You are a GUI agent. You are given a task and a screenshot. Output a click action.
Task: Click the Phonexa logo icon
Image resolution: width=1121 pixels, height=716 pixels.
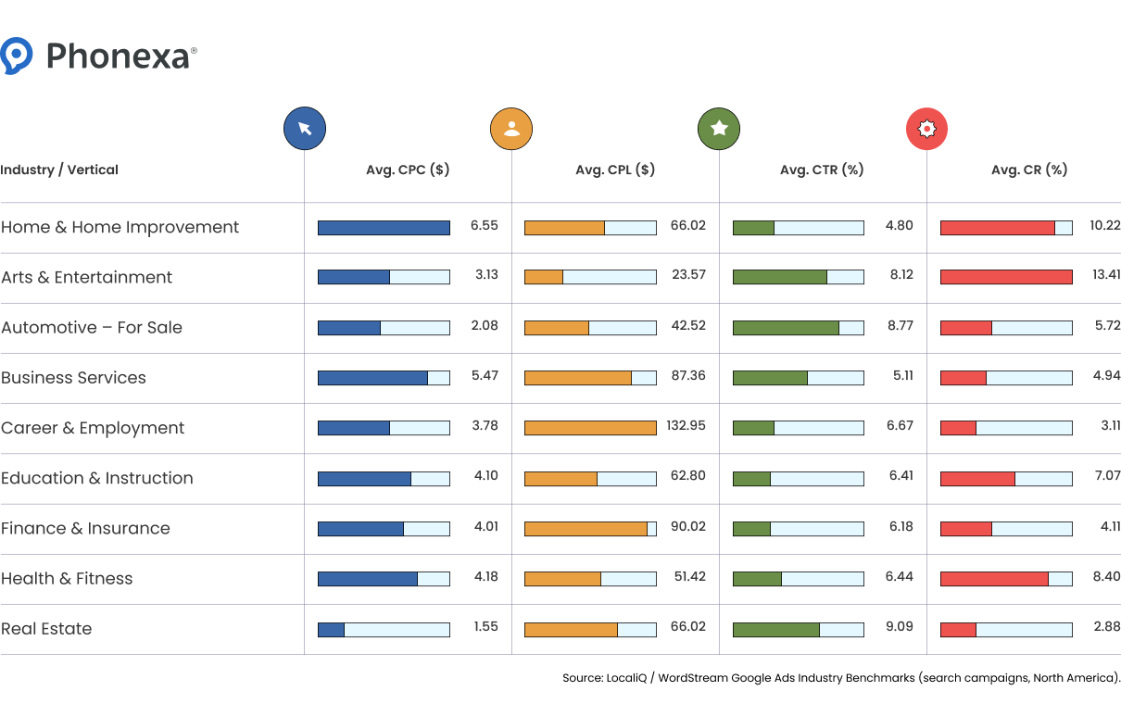[17, 56]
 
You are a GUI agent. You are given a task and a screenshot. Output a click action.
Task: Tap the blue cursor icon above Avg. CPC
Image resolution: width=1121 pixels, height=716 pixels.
[305, 129]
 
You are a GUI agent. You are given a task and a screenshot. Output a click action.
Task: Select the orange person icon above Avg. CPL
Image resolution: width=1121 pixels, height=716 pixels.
[511, 129]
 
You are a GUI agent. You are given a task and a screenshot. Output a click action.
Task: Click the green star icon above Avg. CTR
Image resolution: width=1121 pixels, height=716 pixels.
[719, 129]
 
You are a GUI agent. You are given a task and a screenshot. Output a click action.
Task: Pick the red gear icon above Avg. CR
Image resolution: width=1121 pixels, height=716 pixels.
[926, 129]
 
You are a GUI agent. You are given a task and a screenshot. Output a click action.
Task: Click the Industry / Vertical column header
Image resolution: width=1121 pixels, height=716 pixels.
[59, 170]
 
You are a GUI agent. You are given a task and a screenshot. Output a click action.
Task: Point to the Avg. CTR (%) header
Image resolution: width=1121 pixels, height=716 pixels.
[822, 170]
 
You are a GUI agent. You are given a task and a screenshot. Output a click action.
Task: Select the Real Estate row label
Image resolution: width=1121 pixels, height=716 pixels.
[46, 629]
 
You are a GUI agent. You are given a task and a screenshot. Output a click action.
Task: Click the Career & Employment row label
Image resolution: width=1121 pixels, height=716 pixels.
[93, 428]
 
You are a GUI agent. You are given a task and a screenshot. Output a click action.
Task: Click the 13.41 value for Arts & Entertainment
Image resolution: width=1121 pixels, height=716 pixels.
[1105, 277]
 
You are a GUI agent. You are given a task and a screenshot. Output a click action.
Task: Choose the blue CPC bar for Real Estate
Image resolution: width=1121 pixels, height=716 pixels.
[331, 630]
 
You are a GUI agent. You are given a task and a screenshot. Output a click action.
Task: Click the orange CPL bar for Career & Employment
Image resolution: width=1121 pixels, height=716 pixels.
[590, 428]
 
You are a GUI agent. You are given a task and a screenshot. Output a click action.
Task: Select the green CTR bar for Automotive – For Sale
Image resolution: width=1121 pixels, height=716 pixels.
[786, 328]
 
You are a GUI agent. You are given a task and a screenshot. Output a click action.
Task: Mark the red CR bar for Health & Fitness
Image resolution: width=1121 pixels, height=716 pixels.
[994, 579]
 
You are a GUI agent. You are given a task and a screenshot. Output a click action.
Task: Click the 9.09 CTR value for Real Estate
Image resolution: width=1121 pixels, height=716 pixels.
[899, 627]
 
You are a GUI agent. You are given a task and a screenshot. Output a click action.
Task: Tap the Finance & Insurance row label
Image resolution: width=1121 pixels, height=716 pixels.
[85, 529]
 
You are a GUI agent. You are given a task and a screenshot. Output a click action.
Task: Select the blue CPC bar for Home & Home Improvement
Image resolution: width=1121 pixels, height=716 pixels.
[384, 228]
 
